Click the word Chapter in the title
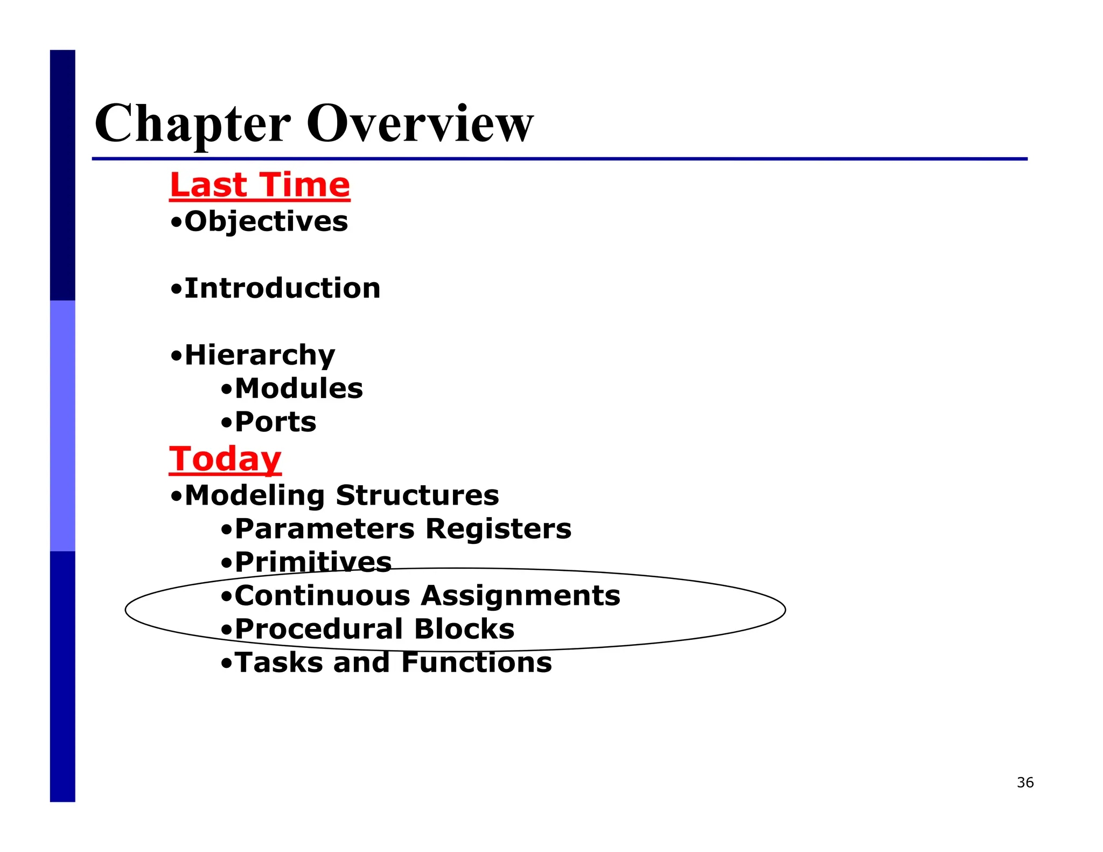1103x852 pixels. click(x=192, y=124)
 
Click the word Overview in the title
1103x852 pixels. click(x=420, y=124)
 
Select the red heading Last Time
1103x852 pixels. click(x=260, y=185)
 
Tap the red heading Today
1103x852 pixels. click(x=225, y=459)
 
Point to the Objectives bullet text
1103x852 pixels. click(x=266, y=221)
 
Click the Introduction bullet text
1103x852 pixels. click(x=282, y=288)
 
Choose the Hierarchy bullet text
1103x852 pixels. click(x=260, y=355)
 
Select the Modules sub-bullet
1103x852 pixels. click(x=299, y=389)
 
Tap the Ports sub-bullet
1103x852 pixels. click(x=275, y=422)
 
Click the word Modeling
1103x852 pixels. click(x=255, y=495)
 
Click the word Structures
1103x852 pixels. click(x=417, y=495)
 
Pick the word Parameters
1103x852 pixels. click(x=325, y=529)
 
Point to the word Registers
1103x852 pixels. click(x=498, y=529)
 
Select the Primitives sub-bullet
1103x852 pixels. click(x=313, y=562)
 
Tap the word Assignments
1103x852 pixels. click(x=521, y=596)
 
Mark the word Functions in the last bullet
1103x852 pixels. click(x=477, y=662)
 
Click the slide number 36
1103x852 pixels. click(x=1025, y=783)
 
